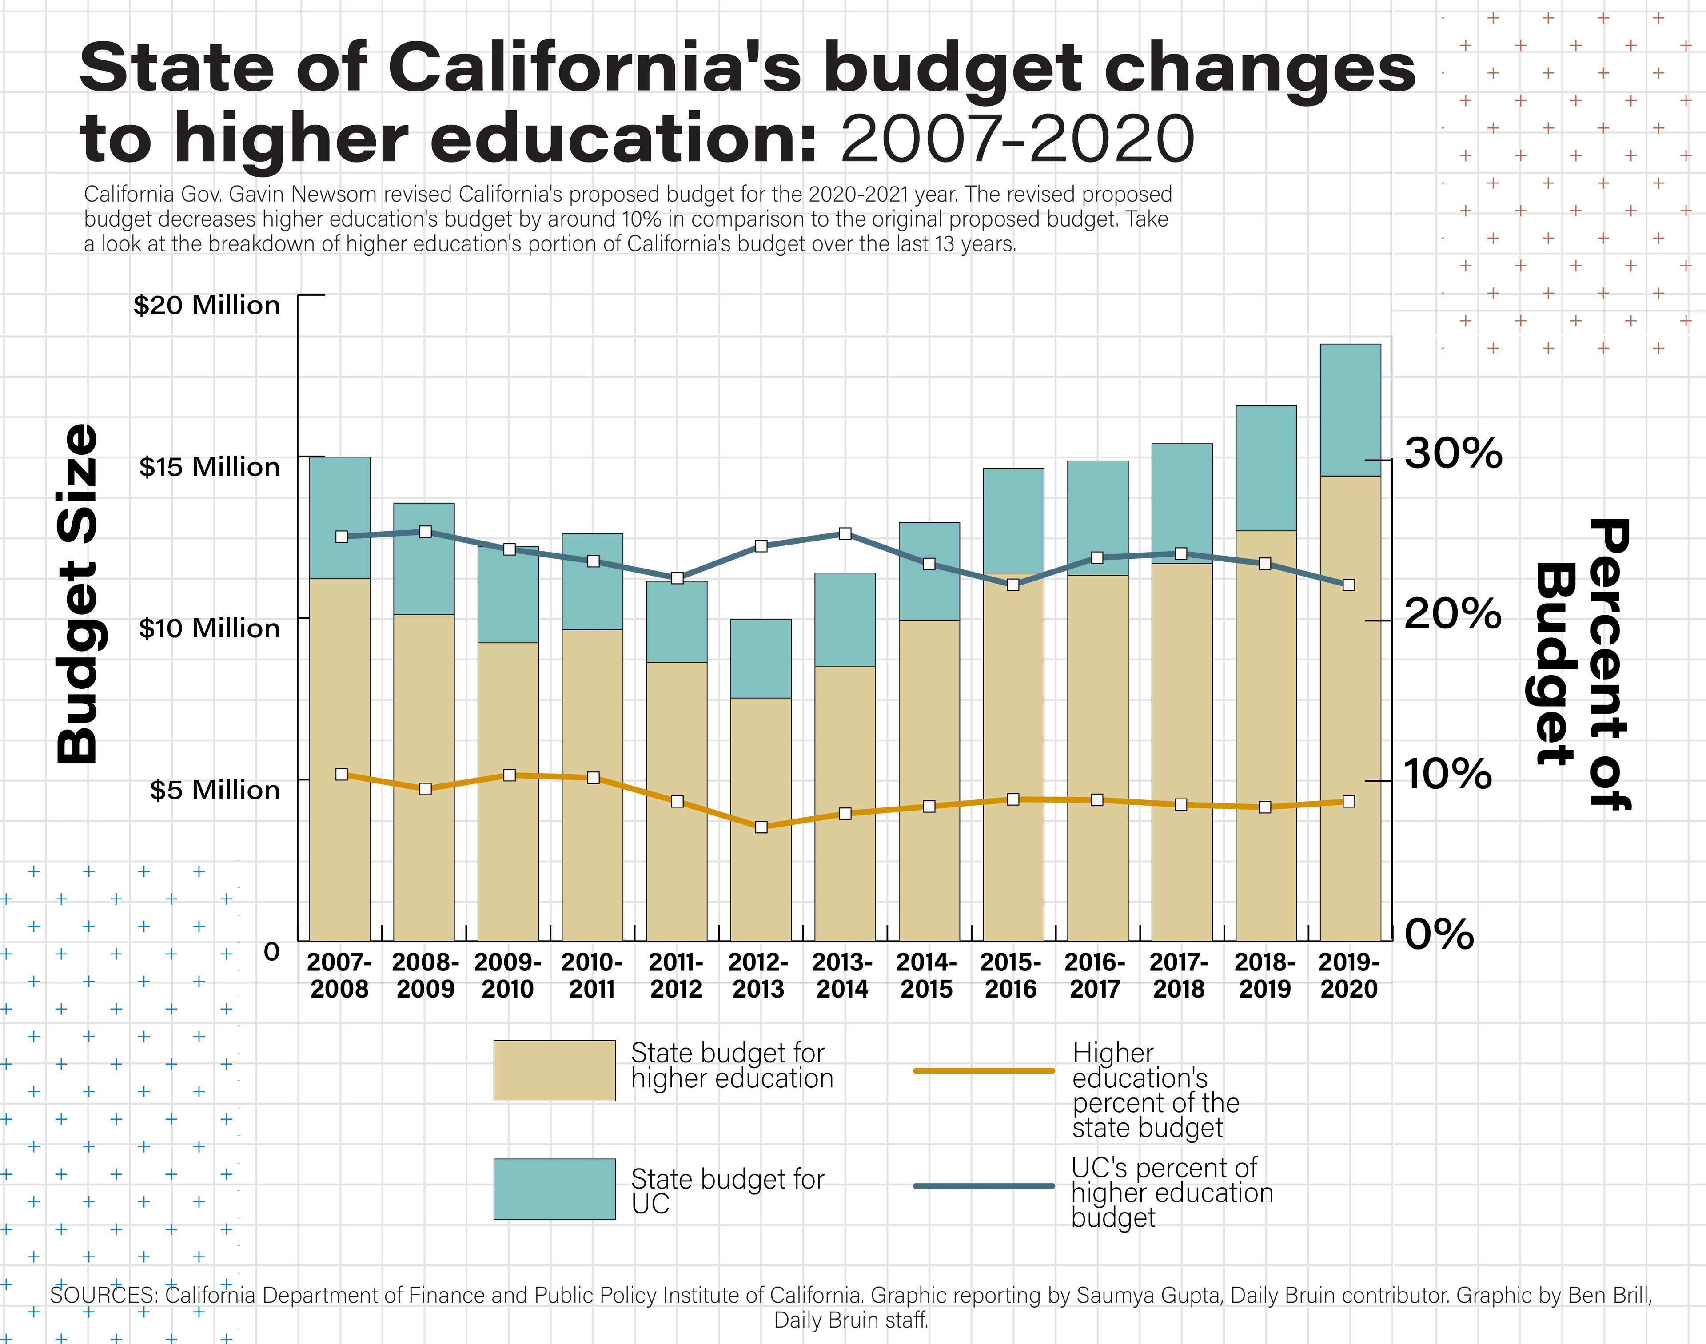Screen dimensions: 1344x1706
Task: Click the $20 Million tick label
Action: click(206, 305)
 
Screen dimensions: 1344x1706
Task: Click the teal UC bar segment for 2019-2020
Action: click(1350, 409)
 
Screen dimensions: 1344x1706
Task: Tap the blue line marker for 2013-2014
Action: click(845, 533)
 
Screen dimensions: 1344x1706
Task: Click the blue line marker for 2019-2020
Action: click(1349, 585)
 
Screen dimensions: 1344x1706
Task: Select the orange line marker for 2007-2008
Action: click(342, 774)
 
